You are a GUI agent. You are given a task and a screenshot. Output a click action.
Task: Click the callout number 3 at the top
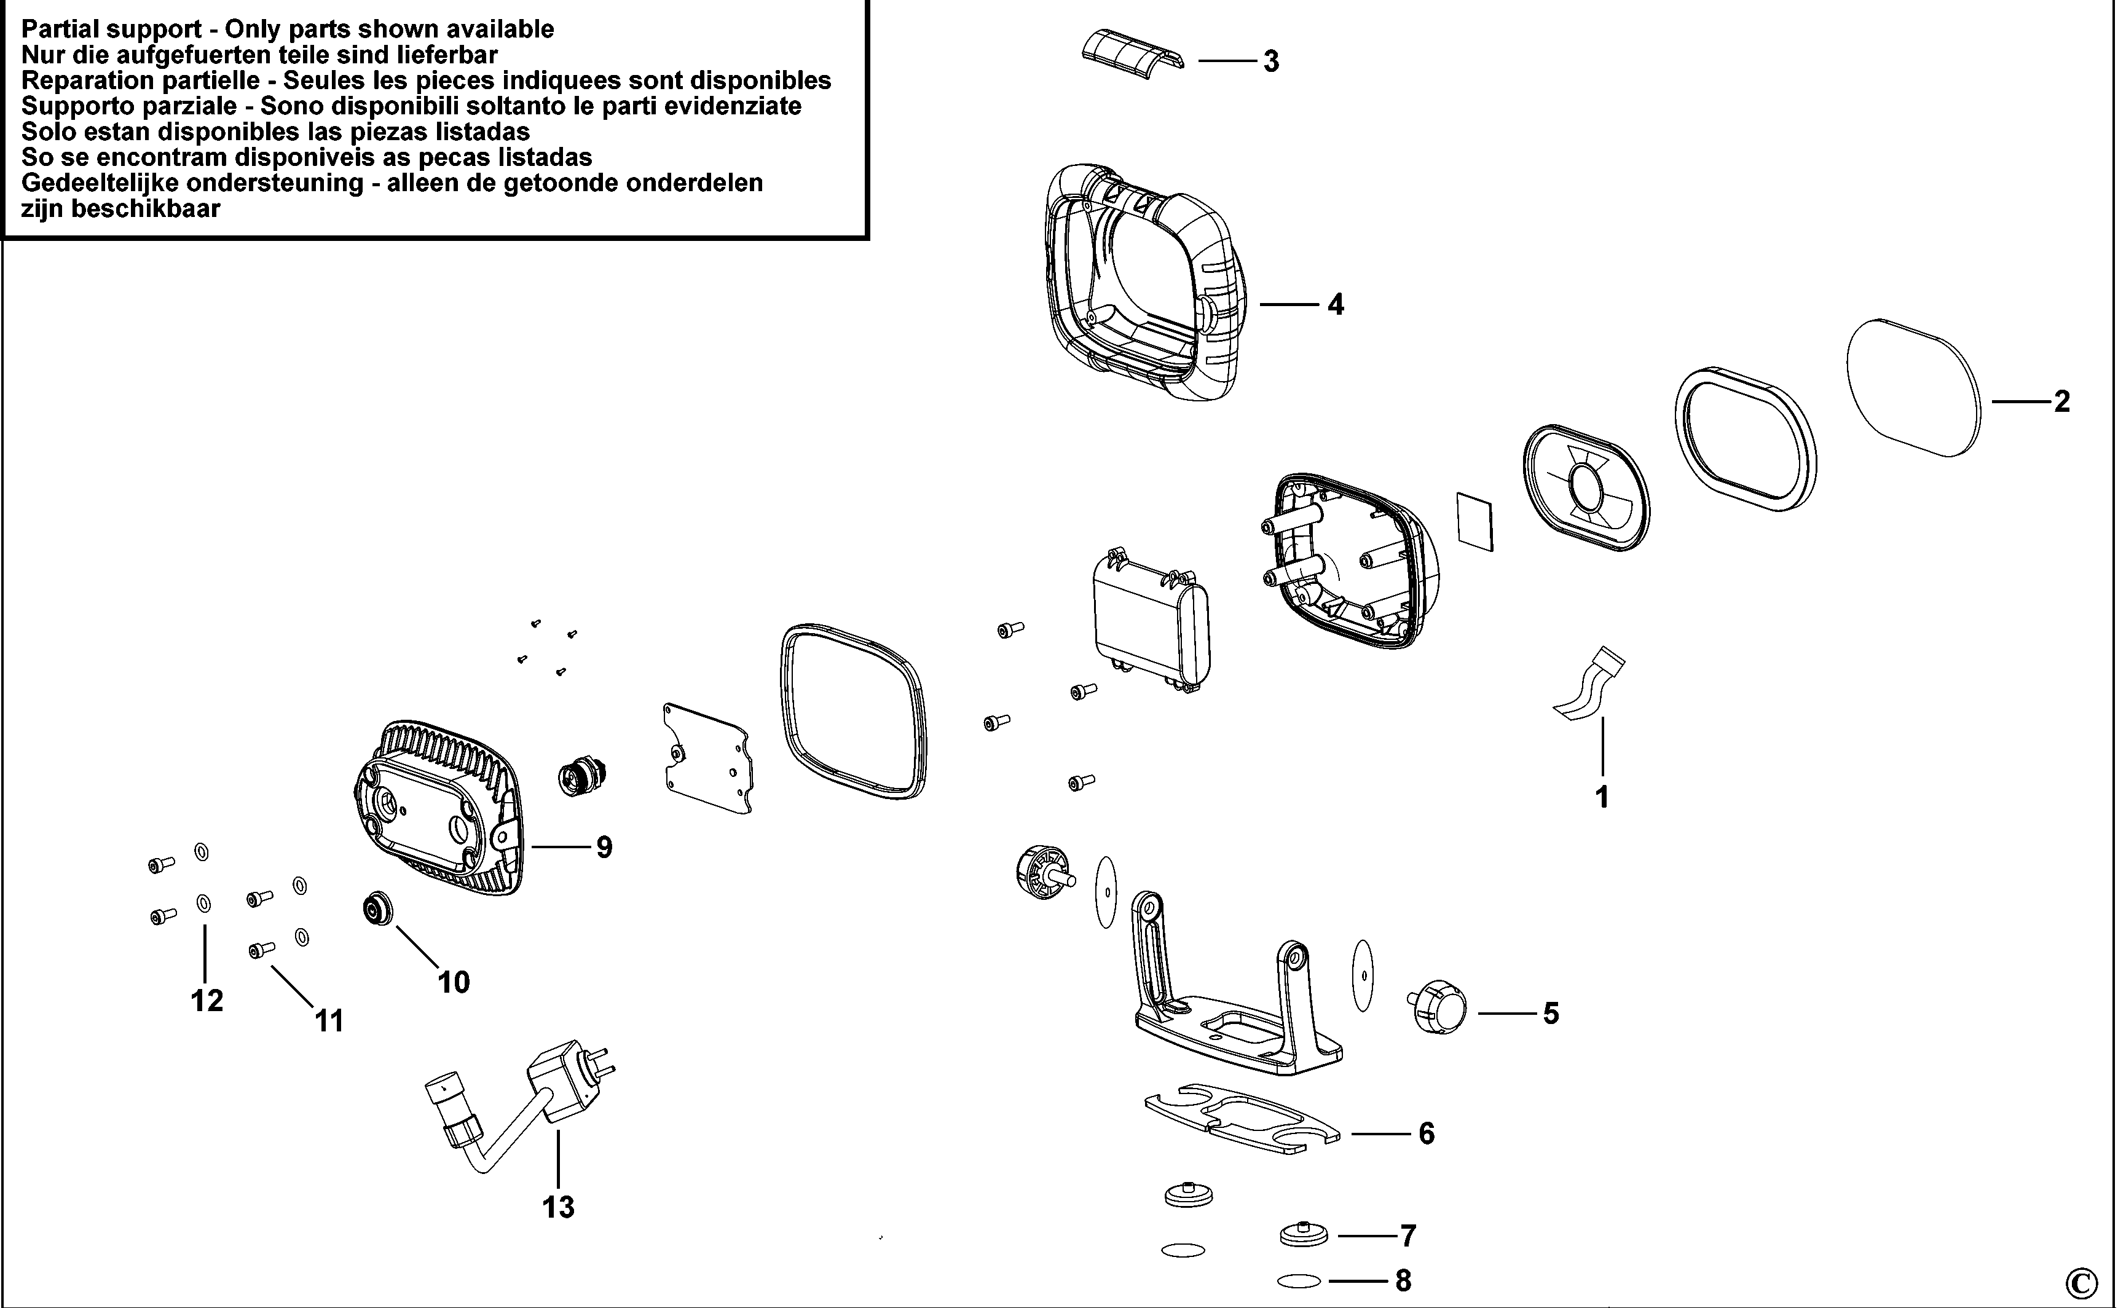1270,61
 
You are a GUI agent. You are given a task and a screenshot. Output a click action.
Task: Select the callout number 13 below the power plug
559,1206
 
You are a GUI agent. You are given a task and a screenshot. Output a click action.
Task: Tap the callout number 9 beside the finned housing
604,847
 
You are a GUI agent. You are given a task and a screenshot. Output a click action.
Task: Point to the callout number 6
1426,1133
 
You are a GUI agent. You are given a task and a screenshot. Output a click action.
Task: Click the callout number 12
207,1001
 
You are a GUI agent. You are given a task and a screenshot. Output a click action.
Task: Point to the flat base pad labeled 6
1243,1119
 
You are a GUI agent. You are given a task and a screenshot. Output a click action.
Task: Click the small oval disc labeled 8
1298,1281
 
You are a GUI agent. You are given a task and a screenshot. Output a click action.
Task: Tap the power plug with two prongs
564,1084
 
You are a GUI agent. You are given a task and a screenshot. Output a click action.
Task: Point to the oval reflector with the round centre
1586,488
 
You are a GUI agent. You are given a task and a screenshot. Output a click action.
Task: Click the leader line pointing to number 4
1289,304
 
